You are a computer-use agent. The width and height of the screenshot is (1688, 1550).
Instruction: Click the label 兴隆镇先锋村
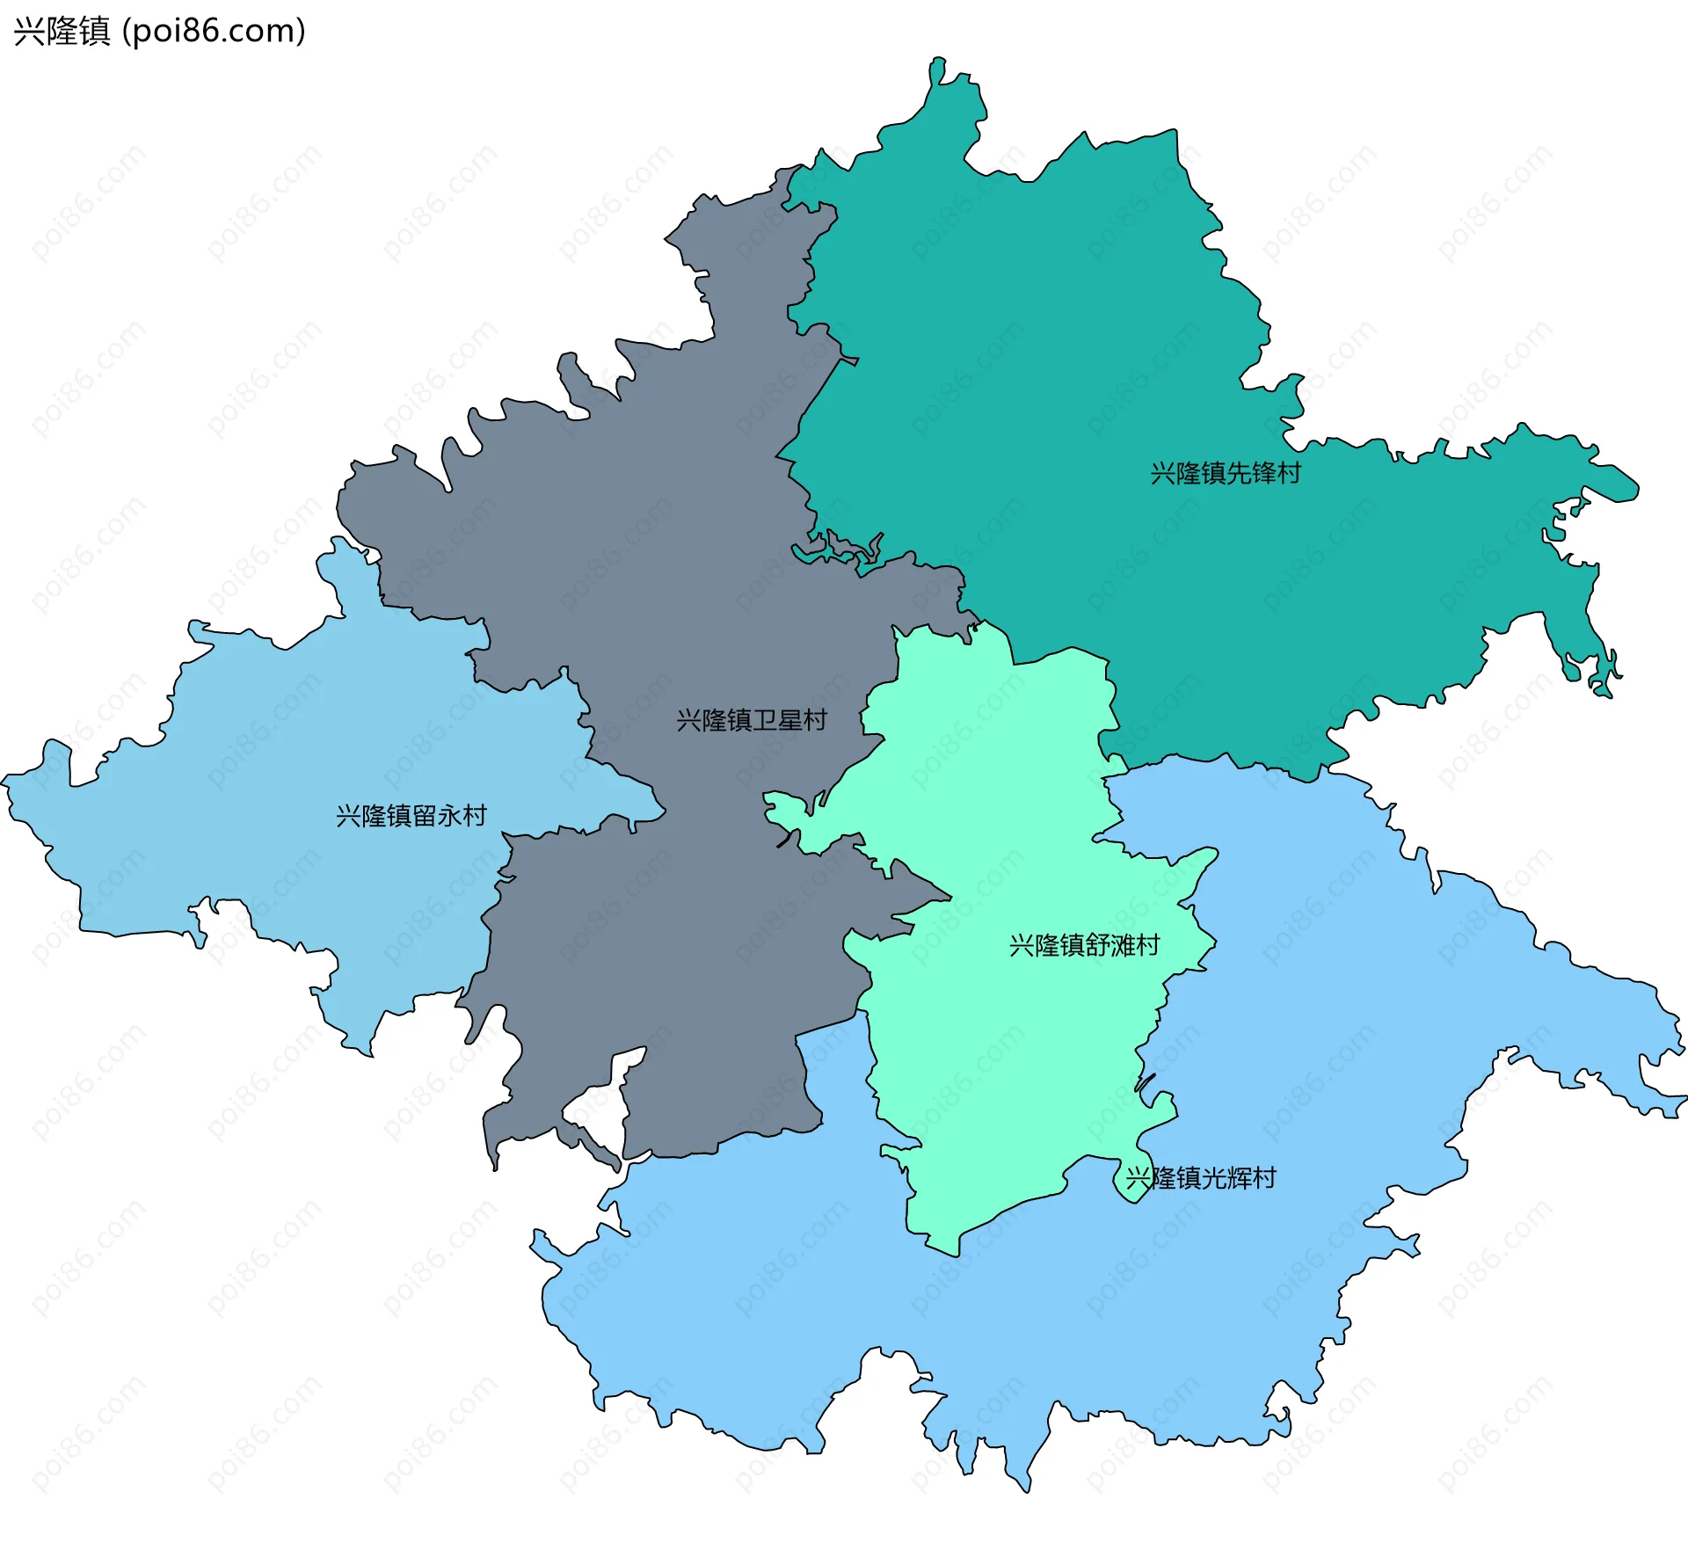coord(1226,473)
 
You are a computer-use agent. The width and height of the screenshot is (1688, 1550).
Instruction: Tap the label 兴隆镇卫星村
coord(752,720)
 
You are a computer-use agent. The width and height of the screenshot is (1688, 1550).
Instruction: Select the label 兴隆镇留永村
coord(411,816)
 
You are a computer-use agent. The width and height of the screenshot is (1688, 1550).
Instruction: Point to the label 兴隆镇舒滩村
coord(1084,945)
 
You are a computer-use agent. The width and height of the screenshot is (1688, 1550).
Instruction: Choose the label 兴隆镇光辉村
coord(1201,1178)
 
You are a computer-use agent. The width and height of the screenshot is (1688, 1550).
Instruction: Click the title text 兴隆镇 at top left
coord(62,32)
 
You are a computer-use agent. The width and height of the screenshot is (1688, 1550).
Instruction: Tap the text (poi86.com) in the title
coord(214,32)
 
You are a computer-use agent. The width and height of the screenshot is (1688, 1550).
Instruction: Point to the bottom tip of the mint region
coord(956,1253)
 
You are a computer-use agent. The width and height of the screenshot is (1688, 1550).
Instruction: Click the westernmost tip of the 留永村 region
coord(5,779)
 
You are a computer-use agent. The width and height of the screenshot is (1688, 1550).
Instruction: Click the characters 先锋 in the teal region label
coord(1251,473)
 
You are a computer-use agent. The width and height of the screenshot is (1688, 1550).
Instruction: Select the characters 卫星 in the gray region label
coord(777,720)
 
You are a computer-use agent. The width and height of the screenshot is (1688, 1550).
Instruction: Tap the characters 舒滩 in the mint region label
coord(1110,945)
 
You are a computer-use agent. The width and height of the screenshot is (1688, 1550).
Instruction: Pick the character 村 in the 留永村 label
coord(476,816)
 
